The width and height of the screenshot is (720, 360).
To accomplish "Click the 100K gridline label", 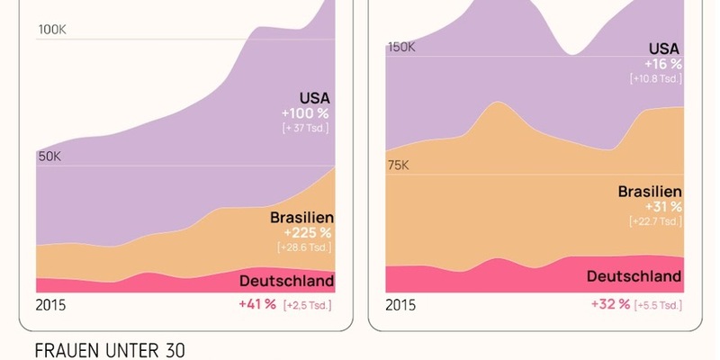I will click(x=51, y=31).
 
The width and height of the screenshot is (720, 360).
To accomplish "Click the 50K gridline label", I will click(x=49, y=157).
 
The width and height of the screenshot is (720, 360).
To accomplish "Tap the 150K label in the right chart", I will click(x=400, y=47).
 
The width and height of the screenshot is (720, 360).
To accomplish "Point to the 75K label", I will click(x=397, y=166).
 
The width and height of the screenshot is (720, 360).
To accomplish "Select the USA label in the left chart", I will click(x=314, y=97).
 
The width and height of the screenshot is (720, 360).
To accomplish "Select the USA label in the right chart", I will click(x=665, y=48).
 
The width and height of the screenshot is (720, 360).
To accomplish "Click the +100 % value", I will click(x=306, y=113).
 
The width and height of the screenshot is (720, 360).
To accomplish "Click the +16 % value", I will click(x=662, y=64).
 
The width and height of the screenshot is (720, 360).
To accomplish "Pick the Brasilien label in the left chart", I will click(x=302, y=217).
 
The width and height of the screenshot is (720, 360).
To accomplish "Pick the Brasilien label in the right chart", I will click(x=650, y=192).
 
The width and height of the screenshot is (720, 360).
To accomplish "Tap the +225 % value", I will click(x=306, y=233).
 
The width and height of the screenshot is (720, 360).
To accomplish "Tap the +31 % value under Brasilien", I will click(x=662, y=208).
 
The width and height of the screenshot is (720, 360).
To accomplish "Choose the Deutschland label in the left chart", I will click(x=286, y=281).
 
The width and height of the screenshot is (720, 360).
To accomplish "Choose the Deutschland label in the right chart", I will click(x=634, y=275).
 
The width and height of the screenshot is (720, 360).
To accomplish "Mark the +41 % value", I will click(x=256, y=304).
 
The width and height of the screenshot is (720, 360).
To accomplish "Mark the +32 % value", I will click(x=610, y=304).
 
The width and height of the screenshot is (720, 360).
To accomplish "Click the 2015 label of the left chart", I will click(x=50, y=305).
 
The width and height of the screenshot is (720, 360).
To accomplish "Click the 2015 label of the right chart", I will click(x=400, y=305).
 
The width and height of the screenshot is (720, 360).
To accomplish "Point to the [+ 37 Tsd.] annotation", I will click(x=305, y=129).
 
